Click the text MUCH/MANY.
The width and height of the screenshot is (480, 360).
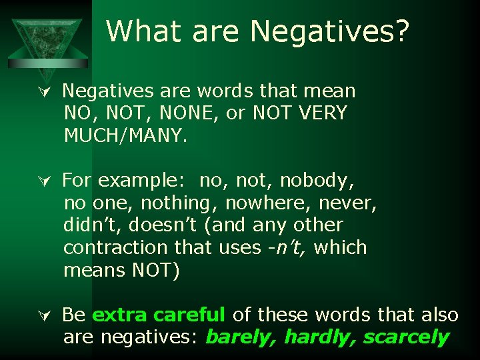[x=126, y=136]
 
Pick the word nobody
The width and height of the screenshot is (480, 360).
[x=317, y=181]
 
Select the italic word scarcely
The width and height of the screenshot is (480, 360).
[x=405, y=337]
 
